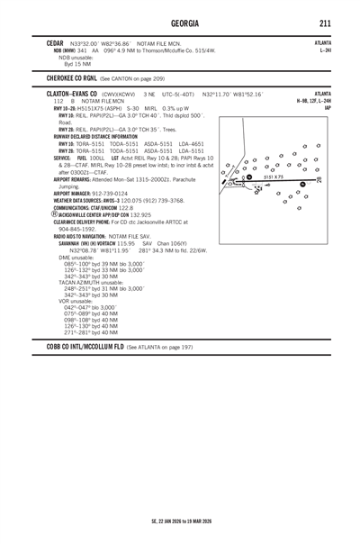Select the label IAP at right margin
click(327, 108)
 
